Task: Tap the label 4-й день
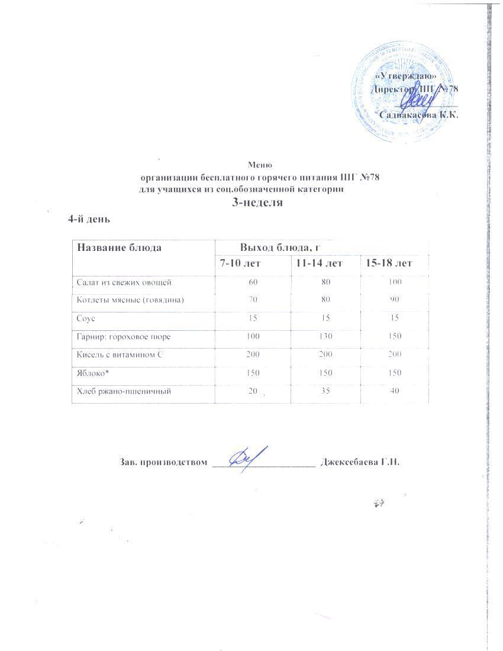pyautogui.click(x=90, y=218)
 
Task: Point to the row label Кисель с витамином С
pyautogui.click(x=120, y=354)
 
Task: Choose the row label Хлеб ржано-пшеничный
pyautogui.click(x=121, y=391)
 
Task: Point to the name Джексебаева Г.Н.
pyautogui.click(x=360, y=462)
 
